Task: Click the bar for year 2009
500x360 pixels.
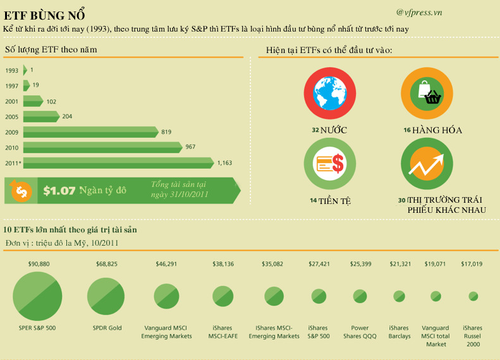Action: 90,131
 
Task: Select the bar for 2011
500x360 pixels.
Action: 118,162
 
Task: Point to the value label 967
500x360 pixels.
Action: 190,147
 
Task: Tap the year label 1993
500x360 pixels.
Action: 11,70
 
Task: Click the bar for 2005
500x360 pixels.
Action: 40,116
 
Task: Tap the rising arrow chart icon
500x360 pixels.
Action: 429,165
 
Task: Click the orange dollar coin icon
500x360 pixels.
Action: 21,189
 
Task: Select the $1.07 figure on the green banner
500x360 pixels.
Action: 59,190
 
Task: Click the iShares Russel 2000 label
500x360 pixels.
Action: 472,336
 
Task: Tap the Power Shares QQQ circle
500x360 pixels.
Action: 360,296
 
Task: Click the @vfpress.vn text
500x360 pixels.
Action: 419,12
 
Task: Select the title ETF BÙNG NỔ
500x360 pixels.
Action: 44,15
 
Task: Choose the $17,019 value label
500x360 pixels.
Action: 472,263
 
